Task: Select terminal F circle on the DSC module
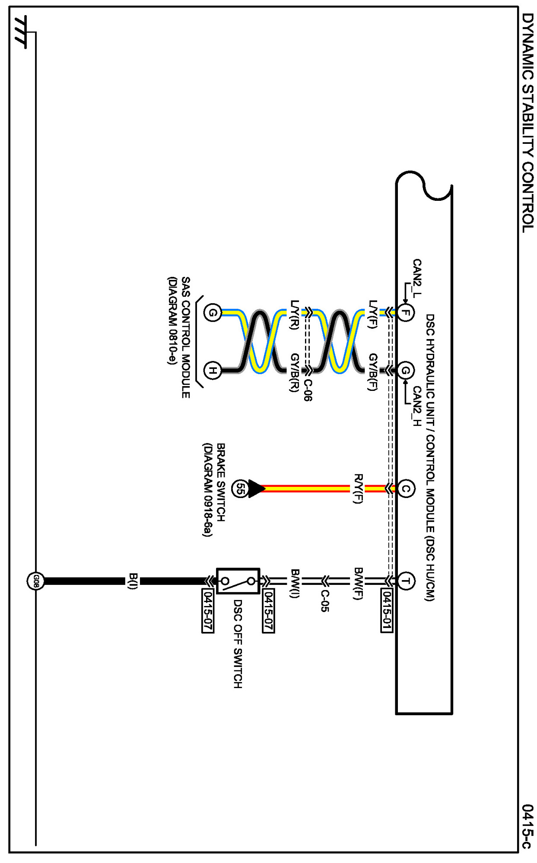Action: tap(405, 312)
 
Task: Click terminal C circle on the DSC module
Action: tap(405, 489)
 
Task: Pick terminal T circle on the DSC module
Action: tap(405, 581)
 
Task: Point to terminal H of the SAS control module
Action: tap(213, 371)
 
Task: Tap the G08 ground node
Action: tap(36, 581)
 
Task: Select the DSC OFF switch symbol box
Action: tap(238, 581)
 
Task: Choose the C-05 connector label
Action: tap(325, 600)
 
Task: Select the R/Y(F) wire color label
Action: tap(358, 489)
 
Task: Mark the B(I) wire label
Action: tap(133, 581)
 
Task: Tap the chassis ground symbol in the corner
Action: tap(21, 32)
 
